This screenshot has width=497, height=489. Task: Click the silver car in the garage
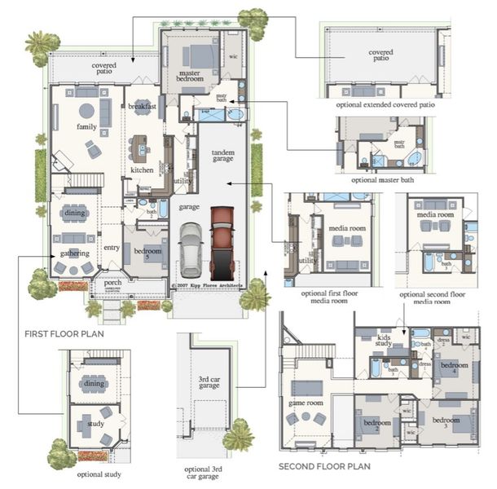[x=190, y=249]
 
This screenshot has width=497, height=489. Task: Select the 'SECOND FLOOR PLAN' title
[x=319, y=467]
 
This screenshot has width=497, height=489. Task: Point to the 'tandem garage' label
[x=222, y=157]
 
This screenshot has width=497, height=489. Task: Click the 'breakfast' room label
[x=142, y=106]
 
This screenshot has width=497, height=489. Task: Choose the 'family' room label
[x=86, y=128]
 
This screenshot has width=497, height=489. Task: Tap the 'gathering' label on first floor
[x=74, y=253]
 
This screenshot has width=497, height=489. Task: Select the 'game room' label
[x=306, y=403]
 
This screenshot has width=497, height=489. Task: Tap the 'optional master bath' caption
[x=380, y=179]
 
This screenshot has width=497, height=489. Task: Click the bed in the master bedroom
[x=197, y=56]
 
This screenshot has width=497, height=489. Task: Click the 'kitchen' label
[x=142, y=170]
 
